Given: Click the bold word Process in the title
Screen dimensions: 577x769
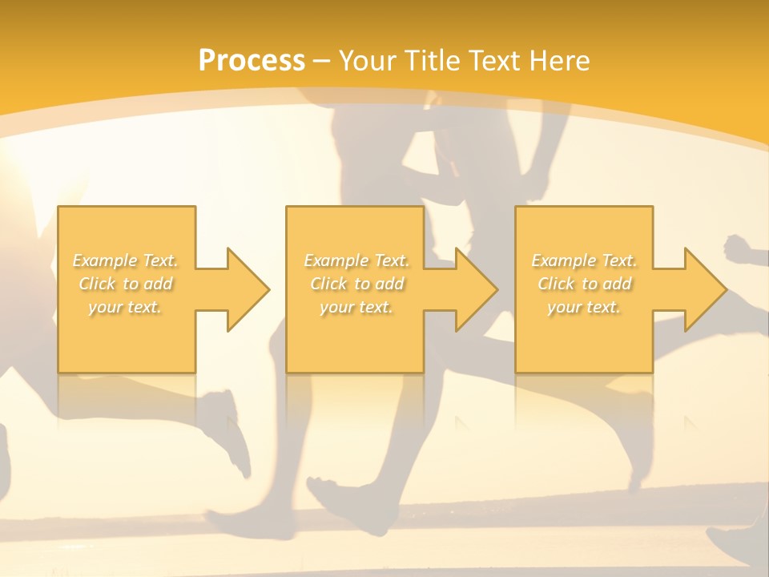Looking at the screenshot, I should [252, 61].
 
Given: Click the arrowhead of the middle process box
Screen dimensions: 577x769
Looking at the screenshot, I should [476, 289].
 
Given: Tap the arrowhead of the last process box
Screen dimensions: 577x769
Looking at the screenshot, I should [704, 289].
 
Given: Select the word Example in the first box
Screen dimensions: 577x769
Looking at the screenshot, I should [105, 260].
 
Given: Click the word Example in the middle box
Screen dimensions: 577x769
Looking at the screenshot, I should [336, 260].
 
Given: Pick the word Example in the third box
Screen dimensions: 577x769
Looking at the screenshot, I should [563, 260].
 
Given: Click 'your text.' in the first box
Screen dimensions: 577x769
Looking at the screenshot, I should [124, 307].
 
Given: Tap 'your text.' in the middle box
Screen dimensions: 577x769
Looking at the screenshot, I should [356, 307].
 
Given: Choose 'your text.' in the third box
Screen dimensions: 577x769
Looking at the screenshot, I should [583, 307].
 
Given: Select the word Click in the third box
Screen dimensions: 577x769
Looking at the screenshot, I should [557, 284].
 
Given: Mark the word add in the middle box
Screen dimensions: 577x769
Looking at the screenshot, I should [389, 284].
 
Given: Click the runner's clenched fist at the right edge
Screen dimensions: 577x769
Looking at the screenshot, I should [739, 248].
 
